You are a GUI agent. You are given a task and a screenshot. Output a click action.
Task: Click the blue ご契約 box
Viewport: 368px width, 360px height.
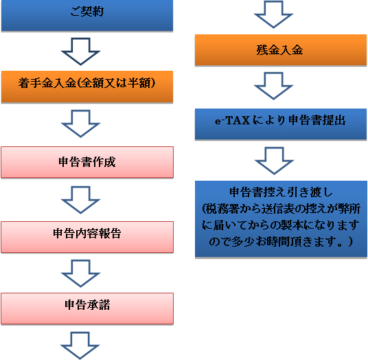(87, 15)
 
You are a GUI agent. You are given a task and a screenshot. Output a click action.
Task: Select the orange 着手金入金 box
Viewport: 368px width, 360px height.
(87, 87)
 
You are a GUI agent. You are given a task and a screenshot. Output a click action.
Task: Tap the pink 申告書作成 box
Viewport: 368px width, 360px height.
(87, 162)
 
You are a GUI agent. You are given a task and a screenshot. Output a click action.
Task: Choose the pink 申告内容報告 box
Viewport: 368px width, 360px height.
(87, 237)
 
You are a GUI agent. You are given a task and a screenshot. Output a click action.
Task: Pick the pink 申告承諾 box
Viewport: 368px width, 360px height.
(87, 308)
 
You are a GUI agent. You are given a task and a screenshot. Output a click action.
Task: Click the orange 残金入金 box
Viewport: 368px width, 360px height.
(281, 50)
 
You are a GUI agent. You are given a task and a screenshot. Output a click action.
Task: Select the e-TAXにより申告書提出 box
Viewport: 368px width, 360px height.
(281, 124)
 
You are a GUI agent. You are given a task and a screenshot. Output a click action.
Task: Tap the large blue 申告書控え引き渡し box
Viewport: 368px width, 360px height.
(281, 219)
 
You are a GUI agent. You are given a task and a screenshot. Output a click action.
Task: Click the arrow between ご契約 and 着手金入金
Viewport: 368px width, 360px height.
(80, 52)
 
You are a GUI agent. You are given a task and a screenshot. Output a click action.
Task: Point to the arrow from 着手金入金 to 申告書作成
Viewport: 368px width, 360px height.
(80, 124)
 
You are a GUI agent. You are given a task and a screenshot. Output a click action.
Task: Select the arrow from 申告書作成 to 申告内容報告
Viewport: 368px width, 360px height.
(80, 200)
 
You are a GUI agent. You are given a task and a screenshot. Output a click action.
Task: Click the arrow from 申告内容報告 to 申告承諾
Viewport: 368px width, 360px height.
(80, 273)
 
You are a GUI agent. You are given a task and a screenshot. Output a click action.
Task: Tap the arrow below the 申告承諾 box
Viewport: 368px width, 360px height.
(80, 346)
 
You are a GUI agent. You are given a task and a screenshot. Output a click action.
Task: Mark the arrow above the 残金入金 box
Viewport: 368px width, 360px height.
(273, 14)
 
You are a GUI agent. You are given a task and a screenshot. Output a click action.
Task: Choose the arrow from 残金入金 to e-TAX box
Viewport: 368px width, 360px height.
(273, 86)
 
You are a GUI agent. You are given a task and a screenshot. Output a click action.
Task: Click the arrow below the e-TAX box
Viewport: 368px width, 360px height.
(274, 161)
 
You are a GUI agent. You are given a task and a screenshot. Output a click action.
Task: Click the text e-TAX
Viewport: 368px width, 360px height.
(232, 120)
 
